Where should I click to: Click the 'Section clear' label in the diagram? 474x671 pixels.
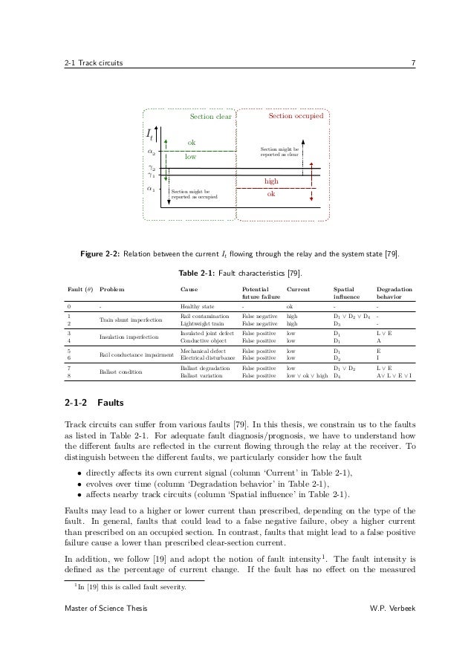click(x=211, y=117)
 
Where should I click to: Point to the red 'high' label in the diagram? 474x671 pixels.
click(x=271, y=181)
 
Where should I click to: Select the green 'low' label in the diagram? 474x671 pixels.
click(x=190, y=158)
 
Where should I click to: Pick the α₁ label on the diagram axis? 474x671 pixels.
click(x=151, y=189)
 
